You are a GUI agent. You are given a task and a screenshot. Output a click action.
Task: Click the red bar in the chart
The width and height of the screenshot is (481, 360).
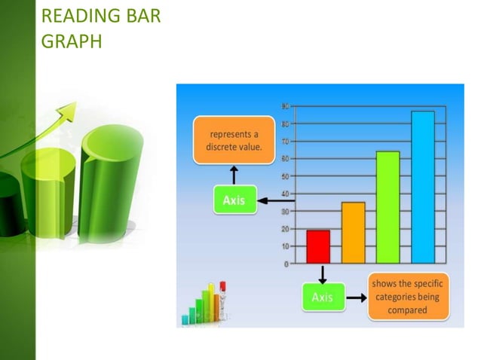318,246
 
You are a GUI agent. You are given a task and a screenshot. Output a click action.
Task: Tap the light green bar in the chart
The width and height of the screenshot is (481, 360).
388,207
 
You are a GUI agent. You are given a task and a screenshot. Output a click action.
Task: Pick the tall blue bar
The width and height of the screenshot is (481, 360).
422,187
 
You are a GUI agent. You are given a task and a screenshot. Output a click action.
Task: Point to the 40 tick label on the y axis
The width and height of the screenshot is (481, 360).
285,194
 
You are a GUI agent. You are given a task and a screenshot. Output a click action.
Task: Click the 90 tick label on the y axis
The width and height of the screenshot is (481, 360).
285,106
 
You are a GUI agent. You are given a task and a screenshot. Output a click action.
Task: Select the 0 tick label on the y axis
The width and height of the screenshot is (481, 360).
286,264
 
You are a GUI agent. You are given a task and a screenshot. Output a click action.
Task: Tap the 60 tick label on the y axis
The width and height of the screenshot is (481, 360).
285,159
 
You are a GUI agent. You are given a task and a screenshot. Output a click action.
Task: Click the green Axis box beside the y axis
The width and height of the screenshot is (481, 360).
234,200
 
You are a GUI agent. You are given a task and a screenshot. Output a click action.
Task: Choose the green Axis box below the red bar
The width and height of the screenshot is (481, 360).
323,297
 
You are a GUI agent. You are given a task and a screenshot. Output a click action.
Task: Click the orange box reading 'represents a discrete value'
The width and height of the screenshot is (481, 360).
234,141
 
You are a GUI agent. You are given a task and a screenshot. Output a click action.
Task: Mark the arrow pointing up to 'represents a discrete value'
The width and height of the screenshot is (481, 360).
234,174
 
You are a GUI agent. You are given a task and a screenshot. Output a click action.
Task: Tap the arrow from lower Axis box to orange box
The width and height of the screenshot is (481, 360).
356,297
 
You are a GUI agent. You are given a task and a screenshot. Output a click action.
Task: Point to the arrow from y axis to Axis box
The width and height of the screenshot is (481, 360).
274,200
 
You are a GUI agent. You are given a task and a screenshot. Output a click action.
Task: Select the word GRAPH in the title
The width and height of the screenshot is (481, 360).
70,41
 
